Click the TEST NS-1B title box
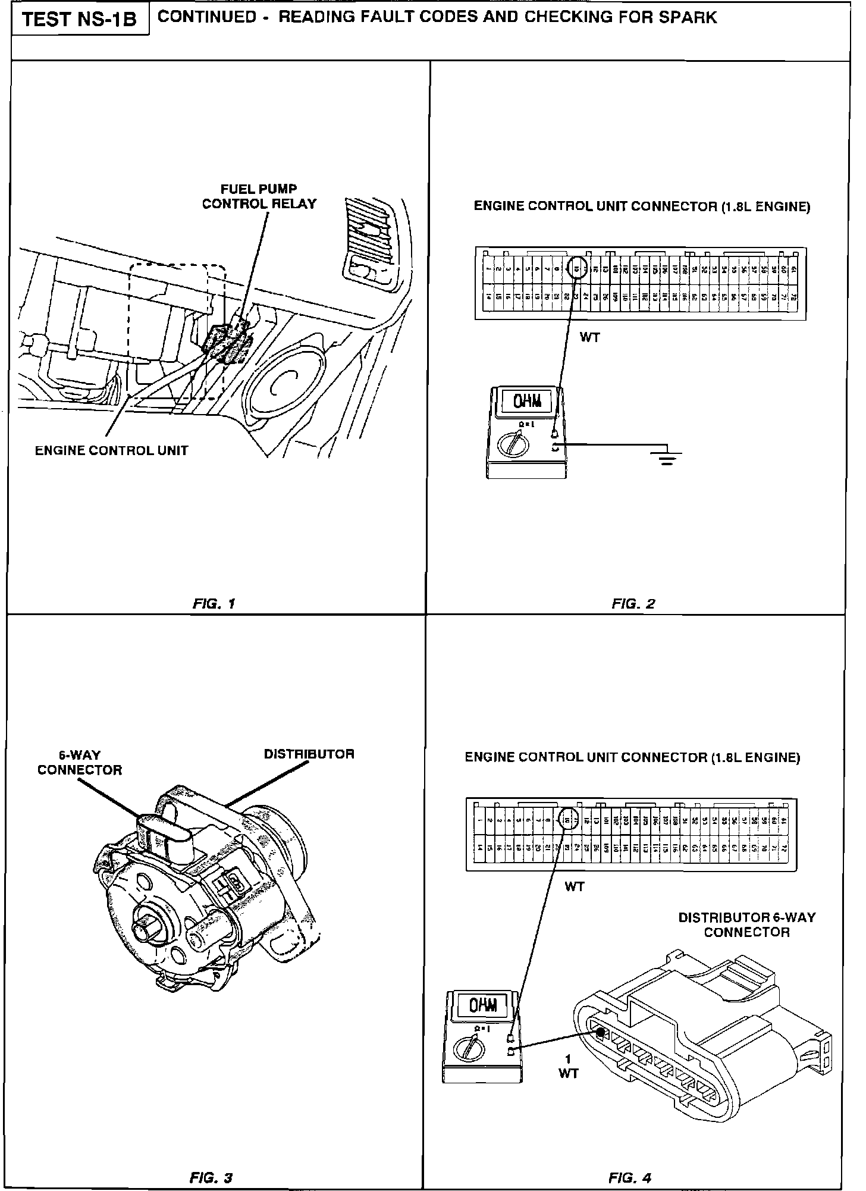(x=80, y=20)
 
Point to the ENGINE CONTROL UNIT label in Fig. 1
(x=111, y=450)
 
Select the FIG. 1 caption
(x=214, y=603)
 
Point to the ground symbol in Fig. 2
(x=667, y=457)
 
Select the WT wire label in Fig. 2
(x=590, y=337)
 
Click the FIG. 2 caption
(x=633, y=603)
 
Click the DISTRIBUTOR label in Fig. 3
(x=309, y=754)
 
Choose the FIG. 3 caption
(x=211, y=1161)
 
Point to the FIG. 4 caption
(x=630, y=1161)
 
